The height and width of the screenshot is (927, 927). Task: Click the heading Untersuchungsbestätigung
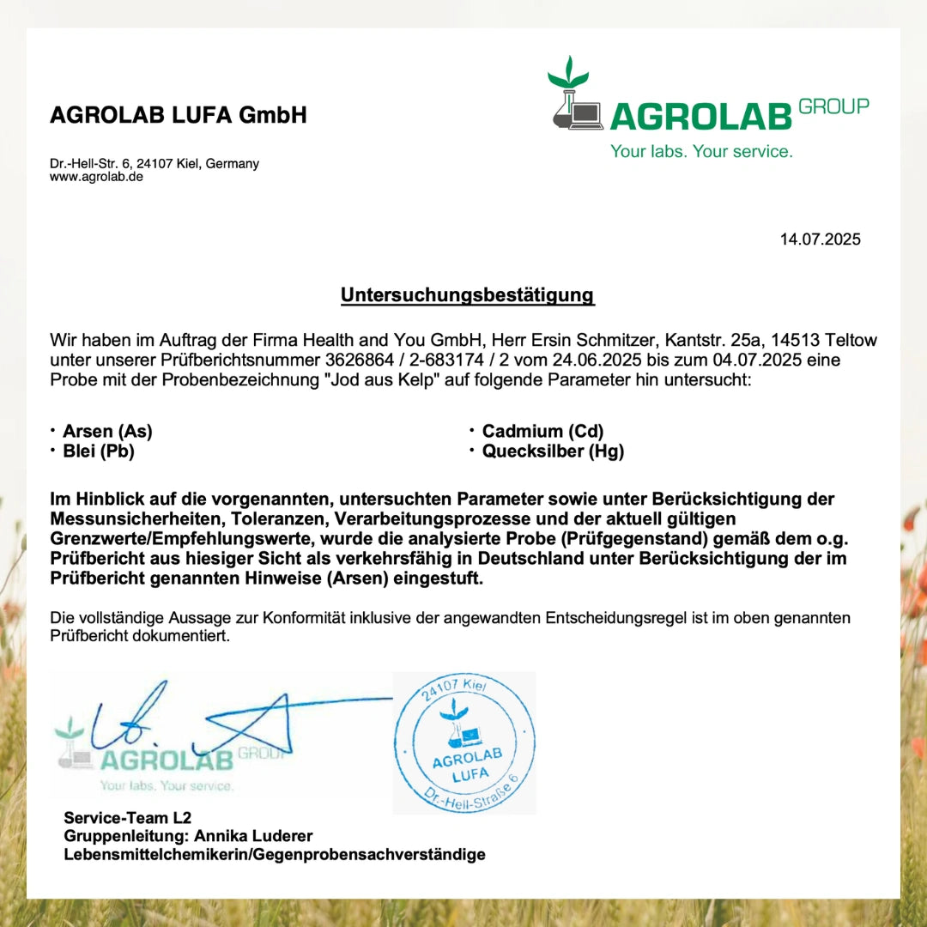coord(467,295)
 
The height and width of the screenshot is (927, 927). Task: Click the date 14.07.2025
coord(820,239)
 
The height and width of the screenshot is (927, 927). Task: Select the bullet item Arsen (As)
coord(107,432)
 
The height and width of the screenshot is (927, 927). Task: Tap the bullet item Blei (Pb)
coord(99,451)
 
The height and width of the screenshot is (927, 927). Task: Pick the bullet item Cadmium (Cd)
coord(542,432)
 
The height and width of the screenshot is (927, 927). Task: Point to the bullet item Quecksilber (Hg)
coord(553,451)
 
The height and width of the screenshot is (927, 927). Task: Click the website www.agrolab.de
coord(96,177)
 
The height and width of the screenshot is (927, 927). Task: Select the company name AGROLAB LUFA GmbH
coord(179,115)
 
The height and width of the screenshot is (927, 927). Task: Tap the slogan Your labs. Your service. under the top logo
coord(701,152)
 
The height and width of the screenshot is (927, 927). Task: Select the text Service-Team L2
coord(121,818)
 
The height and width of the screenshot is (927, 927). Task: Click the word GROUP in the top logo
coord(833,106)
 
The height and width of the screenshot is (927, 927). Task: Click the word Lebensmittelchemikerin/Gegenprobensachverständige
coord(275,855)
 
